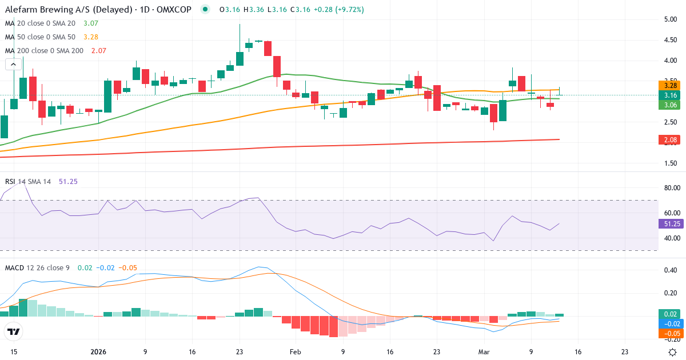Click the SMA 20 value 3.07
pyautogui.click(x=91, y=23)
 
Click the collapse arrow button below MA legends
pyautogui.click(x=13, y=65)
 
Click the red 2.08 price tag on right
pyautogui.click(x=670, y=140)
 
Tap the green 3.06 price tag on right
pyautogui.click(x=670, y=105)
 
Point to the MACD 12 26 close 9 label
pyautogui.click(x=38, y=267)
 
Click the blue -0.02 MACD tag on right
pyautogui.click(x=670, y=323)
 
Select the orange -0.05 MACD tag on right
pyautogui.click(x=670, y=333)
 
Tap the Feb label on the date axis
pyautogui.click(x=295, y=352)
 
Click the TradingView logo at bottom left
pyautogui.click(x=13, y=331)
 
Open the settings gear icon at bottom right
pyautogui.click(x=673, y=352)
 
